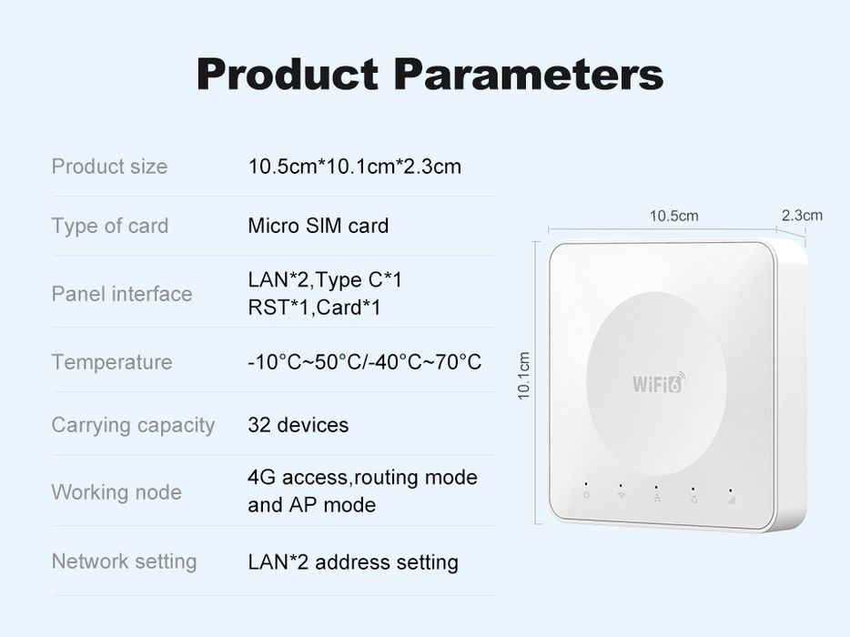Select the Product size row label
[x=109, y=167]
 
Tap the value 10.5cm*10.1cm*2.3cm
[x=354, y=167]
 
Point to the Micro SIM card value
[x=318, y=226]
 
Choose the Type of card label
[x=109, y=226]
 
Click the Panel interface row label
[x=121, y=294]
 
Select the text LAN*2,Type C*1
[x=324, y=279]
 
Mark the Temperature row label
[x=111, y=362]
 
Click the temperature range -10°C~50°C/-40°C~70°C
[x=364, y=362]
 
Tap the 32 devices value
[x=298, y=425]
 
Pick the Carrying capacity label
[x=133, y=425]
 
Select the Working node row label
[x=116, y=492]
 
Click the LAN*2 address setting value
[x=352, y=562]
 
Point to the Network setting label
[x=124, y=561]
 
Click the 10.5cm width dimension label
[x=673, y=216]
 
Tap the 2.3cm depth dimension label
[x=801, y=215]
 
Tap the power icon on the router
[x=586, y=496]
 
